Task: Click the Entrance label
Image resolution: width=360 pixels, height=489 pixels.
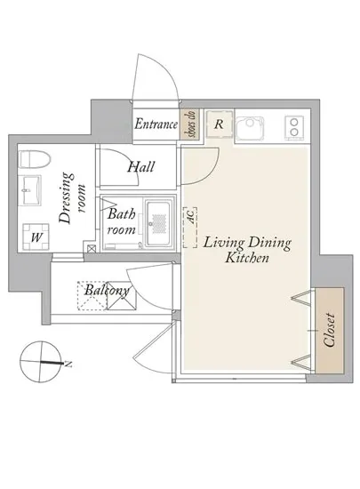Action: tap(156, 124)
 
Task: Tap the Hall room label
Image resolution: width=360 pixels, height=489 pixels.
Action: tap(140, 167)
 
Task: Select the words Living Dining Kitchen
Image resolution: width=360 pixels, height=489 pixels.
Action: tap(247, 250)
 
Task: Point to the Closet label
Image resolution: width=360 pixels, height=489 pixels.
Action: tap(330, 330)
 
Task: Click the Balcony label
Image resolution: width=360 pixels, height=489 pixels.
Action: tap(107, 291)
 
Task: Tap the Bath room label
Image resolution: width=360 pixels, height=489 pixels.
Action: tap(121, 221)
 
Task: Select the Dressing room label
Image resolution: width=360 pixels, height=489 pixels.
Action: tap(72, 198)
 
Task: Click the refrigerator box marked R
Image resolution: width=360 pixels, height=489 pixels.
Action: tap(220, 124)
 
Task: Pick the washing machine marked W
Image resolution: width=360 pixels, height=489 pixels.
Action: tap(36, 237)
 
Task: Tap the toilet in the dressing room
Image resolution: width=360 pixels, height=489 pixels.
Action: tap(35, 159)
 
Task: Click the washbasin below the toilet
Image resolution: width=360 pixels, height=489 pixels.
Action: tap(29, 190)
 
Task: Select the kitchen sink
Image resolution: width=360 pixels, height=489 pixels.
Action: tap(250, 127)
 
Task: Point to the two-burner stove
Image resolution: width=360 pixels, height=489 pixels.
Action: tap(294, 127)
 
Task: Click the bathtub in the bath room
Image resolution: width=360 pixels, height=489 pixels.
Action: tap(159, 223)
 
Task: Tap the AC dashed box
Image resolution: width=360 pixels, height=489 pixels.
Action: tap(190, 228)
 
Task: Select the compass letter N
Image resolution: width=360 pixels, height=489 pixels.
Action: tap(68, 364)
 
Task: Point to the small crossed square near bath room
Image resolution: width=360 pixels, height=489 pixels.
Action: tap(91, 249)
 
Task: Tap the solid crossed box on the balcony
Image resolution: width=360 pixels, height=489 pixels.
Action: tap(122, 300)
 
